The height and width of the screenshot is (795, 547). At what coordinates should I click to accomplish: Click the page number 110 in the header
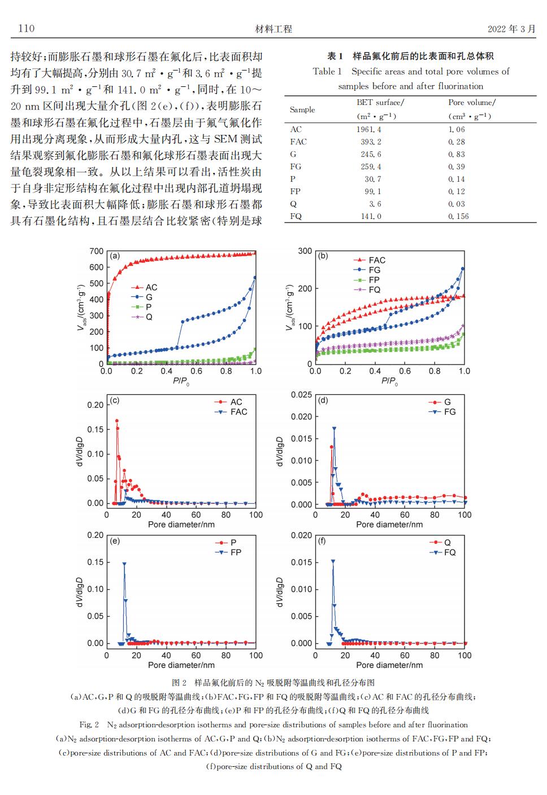click(x=27, y=28)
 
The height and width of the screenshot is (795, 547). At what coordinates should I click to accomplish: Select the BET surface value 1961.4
click(x=368, y=130)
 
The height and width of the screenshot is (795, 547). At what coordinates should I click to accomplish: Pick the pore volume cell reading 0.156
click(x=458, y=216)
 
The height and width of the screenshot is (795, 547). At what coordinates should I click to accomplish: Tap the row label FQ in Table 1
click(x=296, y=216)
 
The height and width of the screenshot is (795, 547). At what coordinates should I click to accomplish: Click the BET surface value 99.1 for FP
click(x=372, y=191)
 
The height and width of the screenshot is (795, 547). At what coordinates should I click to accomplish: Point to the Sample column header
click(x=302, y=109)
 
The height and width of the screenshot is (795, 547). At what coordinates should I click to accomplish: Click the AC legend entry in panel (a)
click(x=144, y=287)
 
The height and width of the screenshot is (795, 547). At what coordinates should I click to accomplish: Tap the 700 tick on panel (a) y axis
click(x=96, y=251)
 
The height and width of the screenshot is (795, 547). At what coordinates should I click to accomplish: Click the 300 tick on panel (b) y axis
click(x=305, y=251)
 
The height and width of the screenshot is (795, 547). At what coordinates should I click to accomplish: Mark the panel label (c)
click(x=115, y=401)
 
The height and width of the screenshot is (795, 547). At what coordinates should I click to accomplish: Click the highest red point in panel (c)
click(x=116, y=420)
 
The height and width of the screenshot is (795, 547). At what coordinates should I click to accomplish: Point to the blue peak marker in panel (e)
click(x=124, y=564)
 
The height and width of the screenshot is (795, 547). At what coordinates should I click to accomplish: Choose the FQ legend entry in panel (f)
click(x=442, y=552)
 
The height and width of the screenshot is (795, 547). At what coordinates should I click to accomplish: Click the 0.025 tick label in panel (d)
click(x=301, y=394)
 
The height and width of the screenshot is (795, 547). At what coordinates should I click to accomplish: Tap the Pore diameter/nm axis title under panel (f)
click(x=389, y=665)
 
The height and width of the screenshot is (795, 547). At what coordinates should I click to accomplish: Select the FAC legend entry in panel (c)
click(x=231, y=412)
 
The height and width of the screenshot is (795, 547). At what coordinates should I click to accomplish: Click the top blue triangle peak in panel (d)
click(x=334, y=428)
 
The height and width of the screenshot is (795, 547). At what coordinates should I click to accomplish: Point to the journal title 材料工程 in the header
click(x=273, y=29)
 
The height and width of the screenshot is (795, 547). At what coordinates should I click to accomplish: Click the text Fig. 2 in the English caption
click(x=89, y=724)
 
